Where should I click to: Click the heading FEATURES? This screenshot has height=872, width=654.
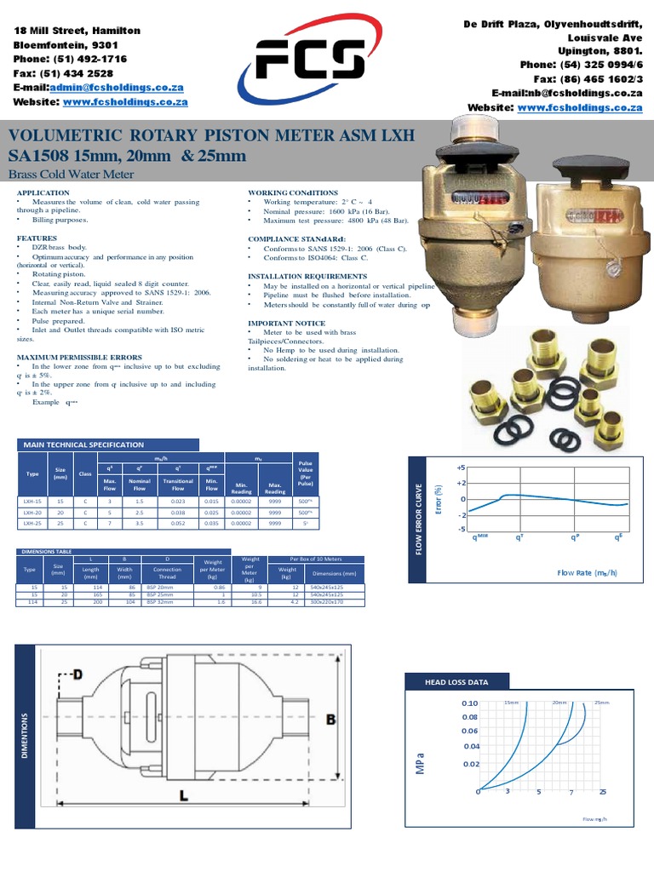[37, 238]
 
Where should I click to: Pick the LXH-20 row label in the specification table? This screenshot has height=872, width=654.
[32, 513]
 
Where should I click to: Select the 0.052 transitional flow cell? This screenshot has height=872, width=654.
[178, 525]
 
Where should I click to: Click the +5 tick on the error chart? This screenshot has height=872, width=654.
[461, 468]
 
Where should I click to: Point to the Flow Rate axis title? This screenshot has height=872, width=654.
[587, 573]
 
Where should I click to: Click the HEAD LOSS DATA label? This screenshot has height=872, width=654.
[456, 682]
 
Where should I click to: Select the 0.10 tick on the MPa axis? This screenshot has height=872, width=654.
[470, 704]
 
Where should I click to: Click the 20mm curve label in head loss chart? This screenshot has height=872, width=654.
[559, 703]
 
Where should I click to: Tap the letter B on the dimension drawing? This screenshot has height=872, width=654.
[330, 720]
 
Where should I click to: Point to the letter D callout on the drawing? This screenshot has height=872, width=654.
[78, 676]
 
